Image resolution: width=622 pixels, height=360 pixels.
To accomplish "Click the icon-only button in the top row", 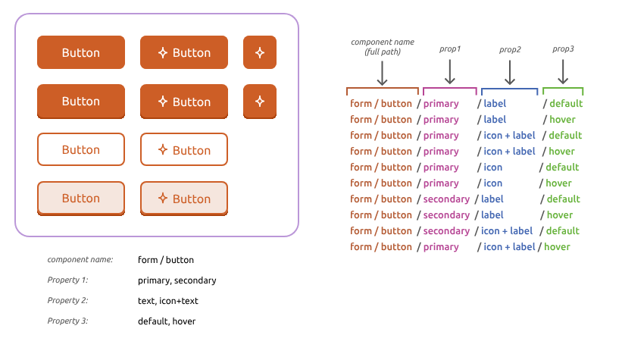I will click(259, 52).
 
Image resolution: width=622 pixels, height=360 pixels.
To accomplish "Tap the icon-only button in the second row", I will click(259, 101).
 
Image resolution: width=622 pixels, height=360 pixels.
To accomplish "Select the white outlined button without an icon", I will click(80, 149).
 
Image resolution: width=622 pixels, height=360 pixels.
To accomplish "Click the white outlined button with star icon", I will click(183, 149).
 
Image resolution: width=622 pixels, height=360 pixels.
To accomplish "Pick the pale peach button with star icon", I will click(183, 199).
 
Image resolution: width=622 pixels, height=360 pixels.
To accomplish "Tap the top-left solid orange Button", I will click(80, 52).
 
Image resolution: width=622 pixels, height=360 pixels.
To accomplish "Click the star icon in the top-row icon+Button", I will click(162, 52).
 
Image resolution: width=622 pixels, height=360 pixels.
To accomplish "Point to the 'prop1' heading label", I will click(450, 49).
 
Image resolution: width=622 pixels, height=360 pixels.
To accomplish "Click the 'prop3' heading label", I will click(563, 49).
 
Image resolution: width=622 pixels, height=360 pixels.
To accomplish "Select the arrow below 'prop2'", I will click(510, 72).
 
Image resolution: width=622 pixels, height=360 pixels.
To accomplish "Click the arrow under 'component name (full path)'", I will click(382, 73).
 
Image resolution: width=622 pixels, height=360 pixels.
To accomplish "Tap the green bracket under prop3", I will click(563, 89).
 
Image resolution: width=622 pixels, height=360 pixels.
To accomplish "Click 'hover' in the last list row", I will click(557, 247).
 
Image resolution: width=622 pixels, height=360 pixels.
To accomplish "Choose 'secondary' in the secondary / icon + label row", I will click(446, 231).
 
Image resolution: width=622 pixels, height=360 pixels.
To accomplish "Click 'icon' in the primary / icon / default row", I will click(492, 167).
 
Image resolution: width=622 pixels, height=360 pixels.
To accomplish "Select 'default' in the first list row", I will click(566, 104).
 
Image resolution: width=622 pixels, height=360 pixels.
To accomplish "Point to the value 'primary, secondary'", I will click(177, 280).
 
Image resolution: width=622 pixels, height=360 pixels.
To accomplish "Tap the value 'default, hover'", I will click(167, 321).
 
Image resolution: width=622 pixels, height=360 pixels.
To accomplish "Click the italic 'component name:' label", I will click(80, 260).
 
